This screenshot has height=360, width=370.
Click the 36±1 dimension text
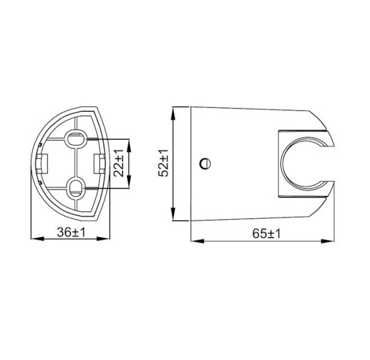click(x=70, y=233)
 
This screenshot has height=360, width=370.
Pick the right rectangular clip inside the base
click(x=99, y=163)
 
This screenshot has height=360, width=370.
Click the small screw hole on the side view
click(x=206, y=163)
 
